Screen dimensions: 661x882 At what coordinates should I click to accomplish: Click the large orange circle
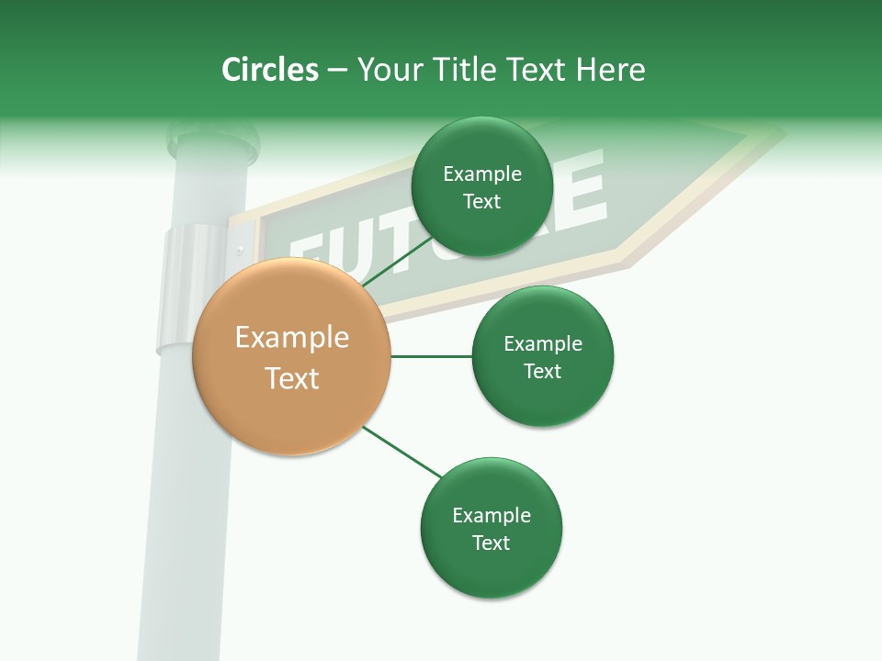click(291, 357)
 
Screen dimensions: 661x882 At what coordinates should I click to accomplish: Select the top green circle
click(481, 186)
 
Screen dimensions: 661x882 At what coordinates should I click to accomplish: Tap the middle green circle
click(542, 356)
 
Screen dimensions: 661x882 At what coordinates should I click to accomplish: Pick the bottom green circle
click(491, 528)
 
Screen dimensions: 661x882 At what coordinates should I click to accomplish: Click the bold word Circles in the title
click(270, 70)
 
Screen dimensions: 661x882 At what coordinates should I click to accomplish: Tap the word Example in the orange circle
click(292, 337)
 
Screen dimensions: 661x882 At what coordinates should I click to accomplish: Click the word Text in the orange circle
click(292, 377)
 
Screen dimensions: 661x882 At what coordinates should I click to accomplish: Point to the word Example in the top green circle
click(482, 174)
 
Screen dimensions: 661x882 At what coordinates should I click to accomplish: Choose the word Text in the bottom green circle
click(491, 543)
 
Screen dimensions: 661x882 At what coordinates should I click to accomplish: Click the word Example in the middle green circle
click(543, 343)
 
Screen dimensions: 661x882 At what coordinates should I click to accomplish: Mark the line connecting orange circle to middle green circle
click(431, 356)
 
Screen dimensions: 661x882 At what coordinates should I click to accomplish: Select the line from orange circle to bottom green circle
click(401, 452)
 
